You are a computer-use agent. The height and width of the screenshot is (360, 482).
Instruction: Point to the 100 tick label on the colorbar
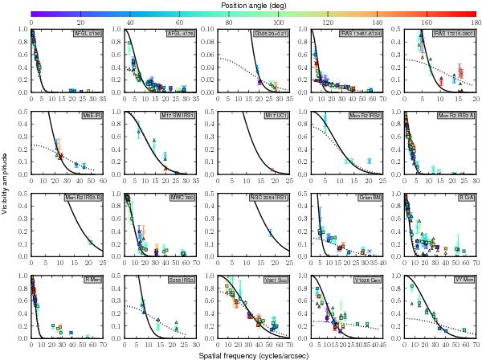coord(280,22)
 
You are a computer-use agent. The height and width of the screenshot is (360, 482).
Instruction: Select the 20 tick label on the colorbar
coord(80,22)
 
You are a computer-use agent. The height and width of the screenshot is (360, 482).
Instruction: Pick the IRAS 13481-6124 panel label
coord(361,35)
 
